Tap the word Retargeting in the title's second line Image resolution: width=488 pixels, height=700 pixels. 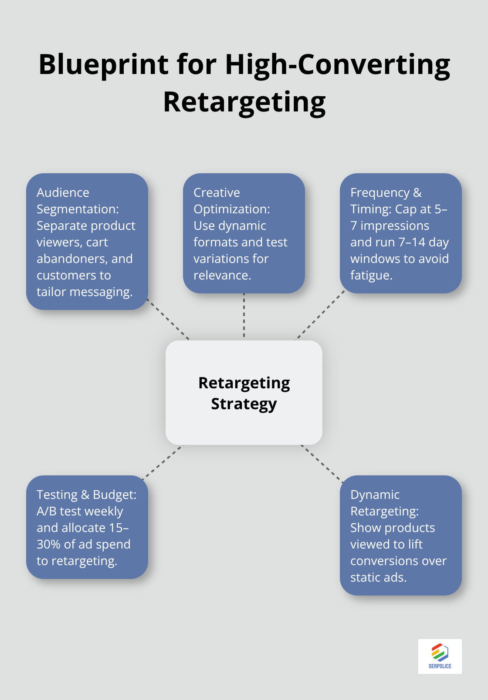(x=244, y=103)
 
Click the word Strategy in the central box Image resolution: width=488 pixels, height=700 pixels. (x=244, y=404)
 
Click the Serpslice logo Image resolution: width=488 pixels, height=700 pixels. (x=440, y=656)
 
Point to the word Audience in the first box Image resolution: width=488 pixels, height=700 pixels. (x=63, y=192)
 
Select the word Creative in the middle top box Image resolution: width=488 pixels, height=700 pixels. (x=217, y=192)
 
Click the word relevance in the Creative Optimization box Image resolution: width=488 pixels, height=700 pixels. (x=221, y=276)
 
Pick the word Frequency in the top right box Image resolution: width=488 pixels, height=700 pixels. (x=380, y=192)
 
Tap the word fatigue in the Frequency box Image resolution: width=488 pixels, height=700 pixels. (x=370, y=276)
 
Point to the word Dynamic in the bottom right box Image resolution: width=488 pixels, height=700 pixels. (x=375, y=495)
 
